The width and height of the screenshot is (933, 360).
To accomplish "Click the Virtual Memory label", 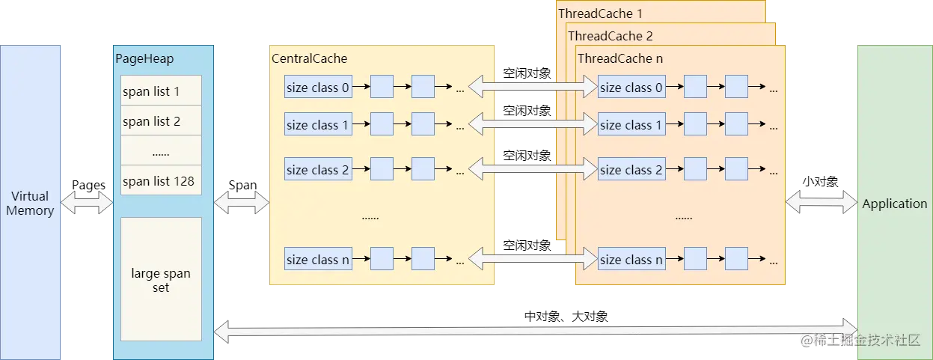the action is [30, 203].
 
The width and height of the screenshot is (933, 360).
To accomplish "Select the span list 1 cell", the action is [161, 91].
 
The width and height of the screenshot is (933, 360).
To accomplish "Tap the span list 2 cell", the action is [161, 120].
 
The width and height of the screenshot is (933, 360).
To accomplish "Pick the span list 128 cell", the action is [161, 180].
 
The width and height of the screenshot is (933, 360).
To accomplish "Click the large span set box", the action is [161, 279].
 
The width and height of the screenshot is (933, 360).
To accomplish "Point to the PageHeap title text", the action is [144, 58].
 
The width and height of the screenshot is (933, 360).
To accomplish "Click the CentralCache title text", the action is [310, 58].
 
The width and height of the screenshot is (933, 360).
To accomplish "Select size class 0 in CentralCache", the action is [318, 87].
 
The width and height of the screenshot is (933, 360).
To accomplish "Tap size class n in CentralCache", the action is [318, 259].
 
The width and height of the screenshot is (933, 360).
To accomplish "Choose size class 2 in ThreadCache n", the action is [631, 168].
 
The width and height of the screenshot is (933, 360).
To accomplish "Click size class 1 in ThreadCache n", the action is [631, 123].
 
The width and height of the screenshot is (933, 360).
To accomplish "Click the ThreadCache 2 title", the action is [611, 36].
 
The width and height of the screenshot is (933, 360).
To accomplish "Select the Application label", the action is [895, 204].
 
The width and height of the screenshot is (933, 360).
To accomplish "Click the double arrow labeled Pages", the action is [87, 203].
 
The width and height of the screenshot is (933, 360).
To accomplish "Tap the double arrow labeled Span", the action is [242, 203].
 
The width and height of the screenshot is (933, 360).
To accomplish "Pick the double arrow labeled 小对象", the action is [822, 202].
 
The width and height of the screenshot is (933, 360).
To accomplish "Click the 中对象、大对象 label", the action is [566, 317].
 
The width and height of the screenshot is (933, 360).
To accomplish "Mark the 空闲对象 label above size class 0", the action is [527, 73].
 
